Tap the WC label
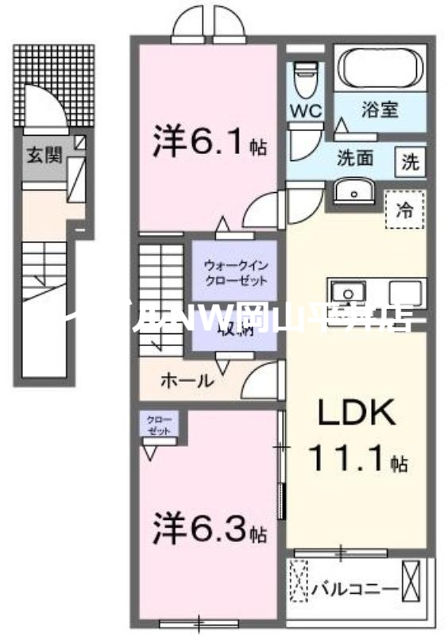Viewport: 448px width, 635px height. [x=306, y=110]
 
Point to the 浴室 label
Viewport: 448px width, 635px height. [x=380, y=110]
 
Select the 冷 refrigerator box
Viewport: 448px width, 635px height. [x=404, y=210]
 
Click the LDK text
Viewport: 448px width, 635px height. [x=357, y=414]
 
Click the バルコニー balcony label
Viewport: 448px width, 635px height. [x=354, y=589]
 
